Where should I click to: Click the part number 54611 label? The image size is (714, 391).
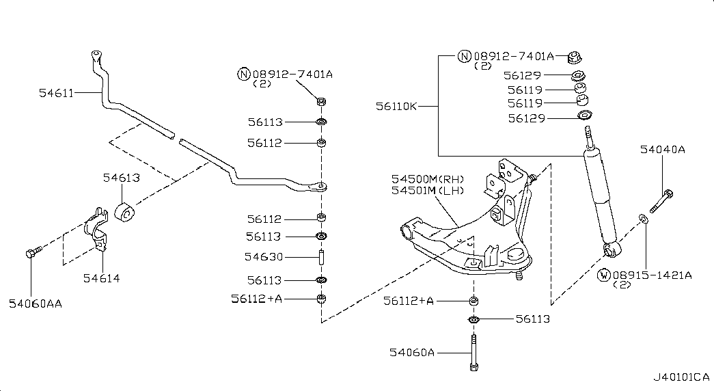(56, 93)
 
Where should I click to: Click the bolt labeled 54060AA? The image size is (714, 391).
(33, 252)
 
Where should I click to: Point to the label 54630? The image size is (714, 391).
(264, 257)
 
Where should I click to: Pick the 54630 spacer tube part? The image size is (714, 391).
(322, 258)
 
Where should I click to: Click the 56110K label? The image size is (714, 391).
(396, 107)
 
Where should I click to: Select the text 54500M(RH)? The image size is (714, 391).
(428, 179)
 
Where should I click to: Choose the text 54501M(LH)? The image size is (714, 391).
(428, 191)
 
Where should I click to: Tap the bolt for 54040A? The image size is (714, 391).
(661, 201)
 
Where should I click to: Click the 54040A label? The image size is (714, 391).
(663, 150)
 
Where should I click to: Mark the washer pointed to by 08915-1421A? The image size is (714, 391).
(644, 219)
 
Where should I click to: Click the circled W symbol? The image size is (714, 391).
(604, 275)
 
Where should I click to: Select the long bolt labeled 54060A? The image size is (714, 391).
(473, 353)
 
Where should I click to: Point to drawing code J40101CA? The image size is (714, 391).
(681, 377)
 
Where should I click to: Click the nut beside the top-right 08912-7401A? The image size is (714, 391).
(574, 57)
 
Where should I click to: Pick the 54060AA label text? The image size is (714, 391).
(36, 304)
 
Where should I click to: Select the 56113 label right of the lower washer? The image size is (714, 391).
(533, 319)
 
